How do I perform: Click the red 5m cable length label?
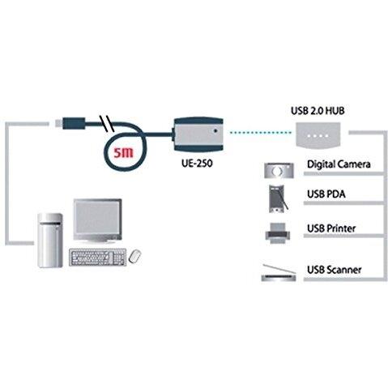(123, 152)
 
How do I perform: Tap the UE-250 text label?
(197, 164)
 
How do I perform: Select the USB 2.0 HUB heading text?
(318, 111)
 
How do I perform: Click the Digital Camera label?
(339, 164)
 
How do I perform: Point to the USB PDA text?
(326, 194)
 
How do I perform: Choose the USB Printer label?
(331, 228)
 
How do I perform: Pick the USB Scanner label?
(334, 270)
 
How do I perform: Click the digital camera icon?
(279, 171)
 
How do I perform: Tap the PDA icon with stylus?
(278, 198)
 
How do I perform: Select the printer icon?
(278, 233)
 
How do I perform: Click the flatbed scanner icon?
(279, 273)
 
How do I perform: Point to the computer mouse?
(135, 256)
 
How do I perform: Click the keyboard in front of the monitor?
(98, 257)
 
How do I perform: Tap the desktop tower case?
(50, 241)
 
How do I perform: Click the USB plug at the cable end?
(70, 123)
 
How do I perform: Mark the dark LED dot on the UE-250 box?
(215, 131)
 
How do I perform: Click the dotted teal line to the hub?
(260, 132)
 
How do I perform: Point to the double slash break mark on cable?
(106, 124)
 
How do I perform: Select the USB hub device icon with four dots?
(318, 135)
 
